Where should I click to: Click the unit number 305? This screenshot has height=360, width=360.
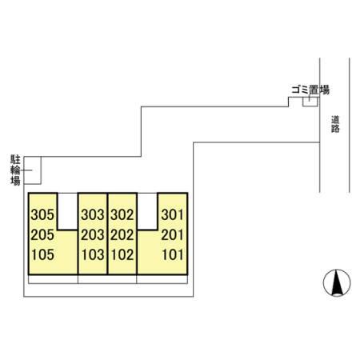pos(42,214)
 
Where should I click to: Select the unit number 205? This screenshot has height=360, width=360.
pos(42,235)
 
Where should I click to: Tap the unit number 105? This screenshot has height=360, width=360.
pos(42,254)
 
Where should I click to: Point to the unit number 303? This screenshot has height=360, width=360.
pos(93,214)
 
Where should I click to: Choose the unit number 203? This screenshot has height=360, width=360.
pos(93,235)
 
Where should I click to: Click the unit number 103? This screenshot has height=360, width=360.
pos(93,254)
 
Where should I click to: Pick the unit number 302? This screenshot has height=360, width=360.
pos(122,214)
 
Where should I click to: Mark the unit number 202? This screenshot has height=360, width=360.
pos(122,235)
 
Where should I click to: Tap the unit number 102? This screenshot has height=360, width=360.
pos(122,254)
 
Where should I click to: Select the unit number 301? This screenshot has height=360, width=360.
pos(173,214)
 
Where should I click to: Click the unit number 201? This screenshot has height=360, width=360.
pos(173,235)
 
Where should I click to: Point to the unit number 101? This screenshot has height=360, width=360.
pos(173,254)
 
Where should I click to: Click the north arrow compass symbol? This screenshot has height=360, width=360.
pos(337,282)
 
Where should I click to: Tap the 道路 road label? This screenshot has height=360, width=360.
pos(335,124)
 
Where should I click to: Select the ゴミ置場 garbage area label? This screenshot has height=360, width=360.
pos(310,90)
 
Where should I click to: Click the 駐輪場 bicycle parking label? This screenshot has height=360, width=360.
pos(15,170)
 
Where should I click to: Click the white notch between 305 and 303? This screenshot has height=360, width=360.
pos(68,211)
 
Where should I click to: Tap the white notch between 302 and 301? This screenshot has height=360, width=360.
pos(147,211)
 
